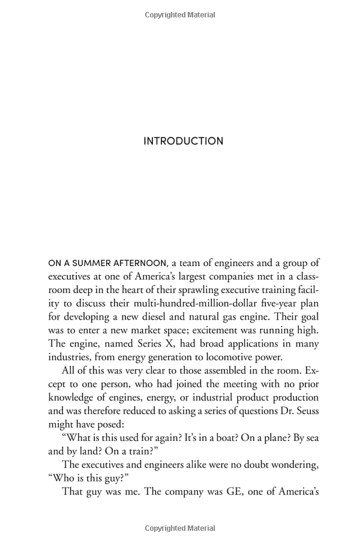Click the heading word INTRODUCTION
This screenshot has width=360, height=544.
[x=183, y=141]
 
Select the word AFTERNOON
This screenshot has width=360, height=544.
[x=139, y=263]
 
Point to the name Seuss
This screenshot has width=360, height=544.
[x=305, y=411]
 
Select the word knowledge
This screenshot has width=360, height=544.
[x=73, y=397]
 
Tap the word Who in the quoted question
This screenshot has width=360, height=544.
[x=63, y=478]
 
